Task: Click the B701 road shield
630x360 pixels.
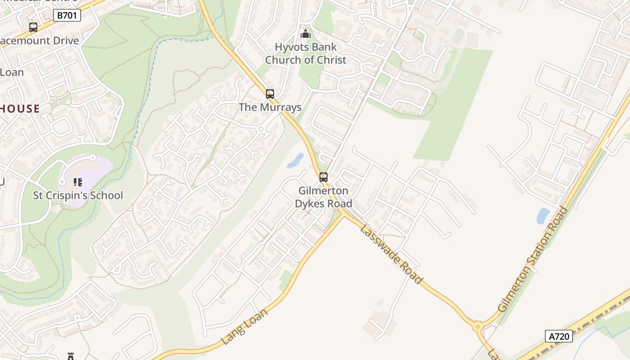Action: [67, 16]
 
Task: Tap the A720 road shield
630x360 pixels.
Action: [559, 336]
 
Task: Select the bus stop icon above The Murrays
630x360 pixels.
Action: [270, 94]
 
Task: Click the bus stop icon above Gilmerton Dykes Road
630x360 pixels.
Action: [324, 177]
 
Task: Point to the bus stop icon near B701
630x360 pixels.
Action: [33, 27]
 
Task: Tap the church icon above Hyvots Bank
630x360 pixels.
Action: [306, 34]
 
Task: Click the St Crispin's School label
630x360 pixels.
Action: [78, 195]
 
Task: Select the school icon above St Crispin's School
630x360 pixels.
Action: [78, 182]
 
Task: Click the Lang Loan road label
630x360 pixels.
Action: [245, 326]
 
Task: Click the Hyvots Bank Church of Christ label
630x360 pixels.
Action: [306, 53]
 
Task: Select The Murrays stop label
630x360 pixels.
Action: [270, 107]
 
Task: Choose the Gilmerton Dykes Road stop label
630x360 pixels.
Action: [324, 197]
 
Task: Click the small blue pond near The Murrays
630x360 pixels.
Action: [295, 161]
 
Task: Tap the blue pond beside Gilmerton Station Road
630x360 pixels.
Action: [543, 216]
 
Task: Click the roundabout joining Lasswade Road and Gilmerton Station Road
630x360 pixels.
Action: [477, 327]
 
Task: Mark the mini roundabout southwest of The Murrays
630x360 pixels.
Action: [261, 129]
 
